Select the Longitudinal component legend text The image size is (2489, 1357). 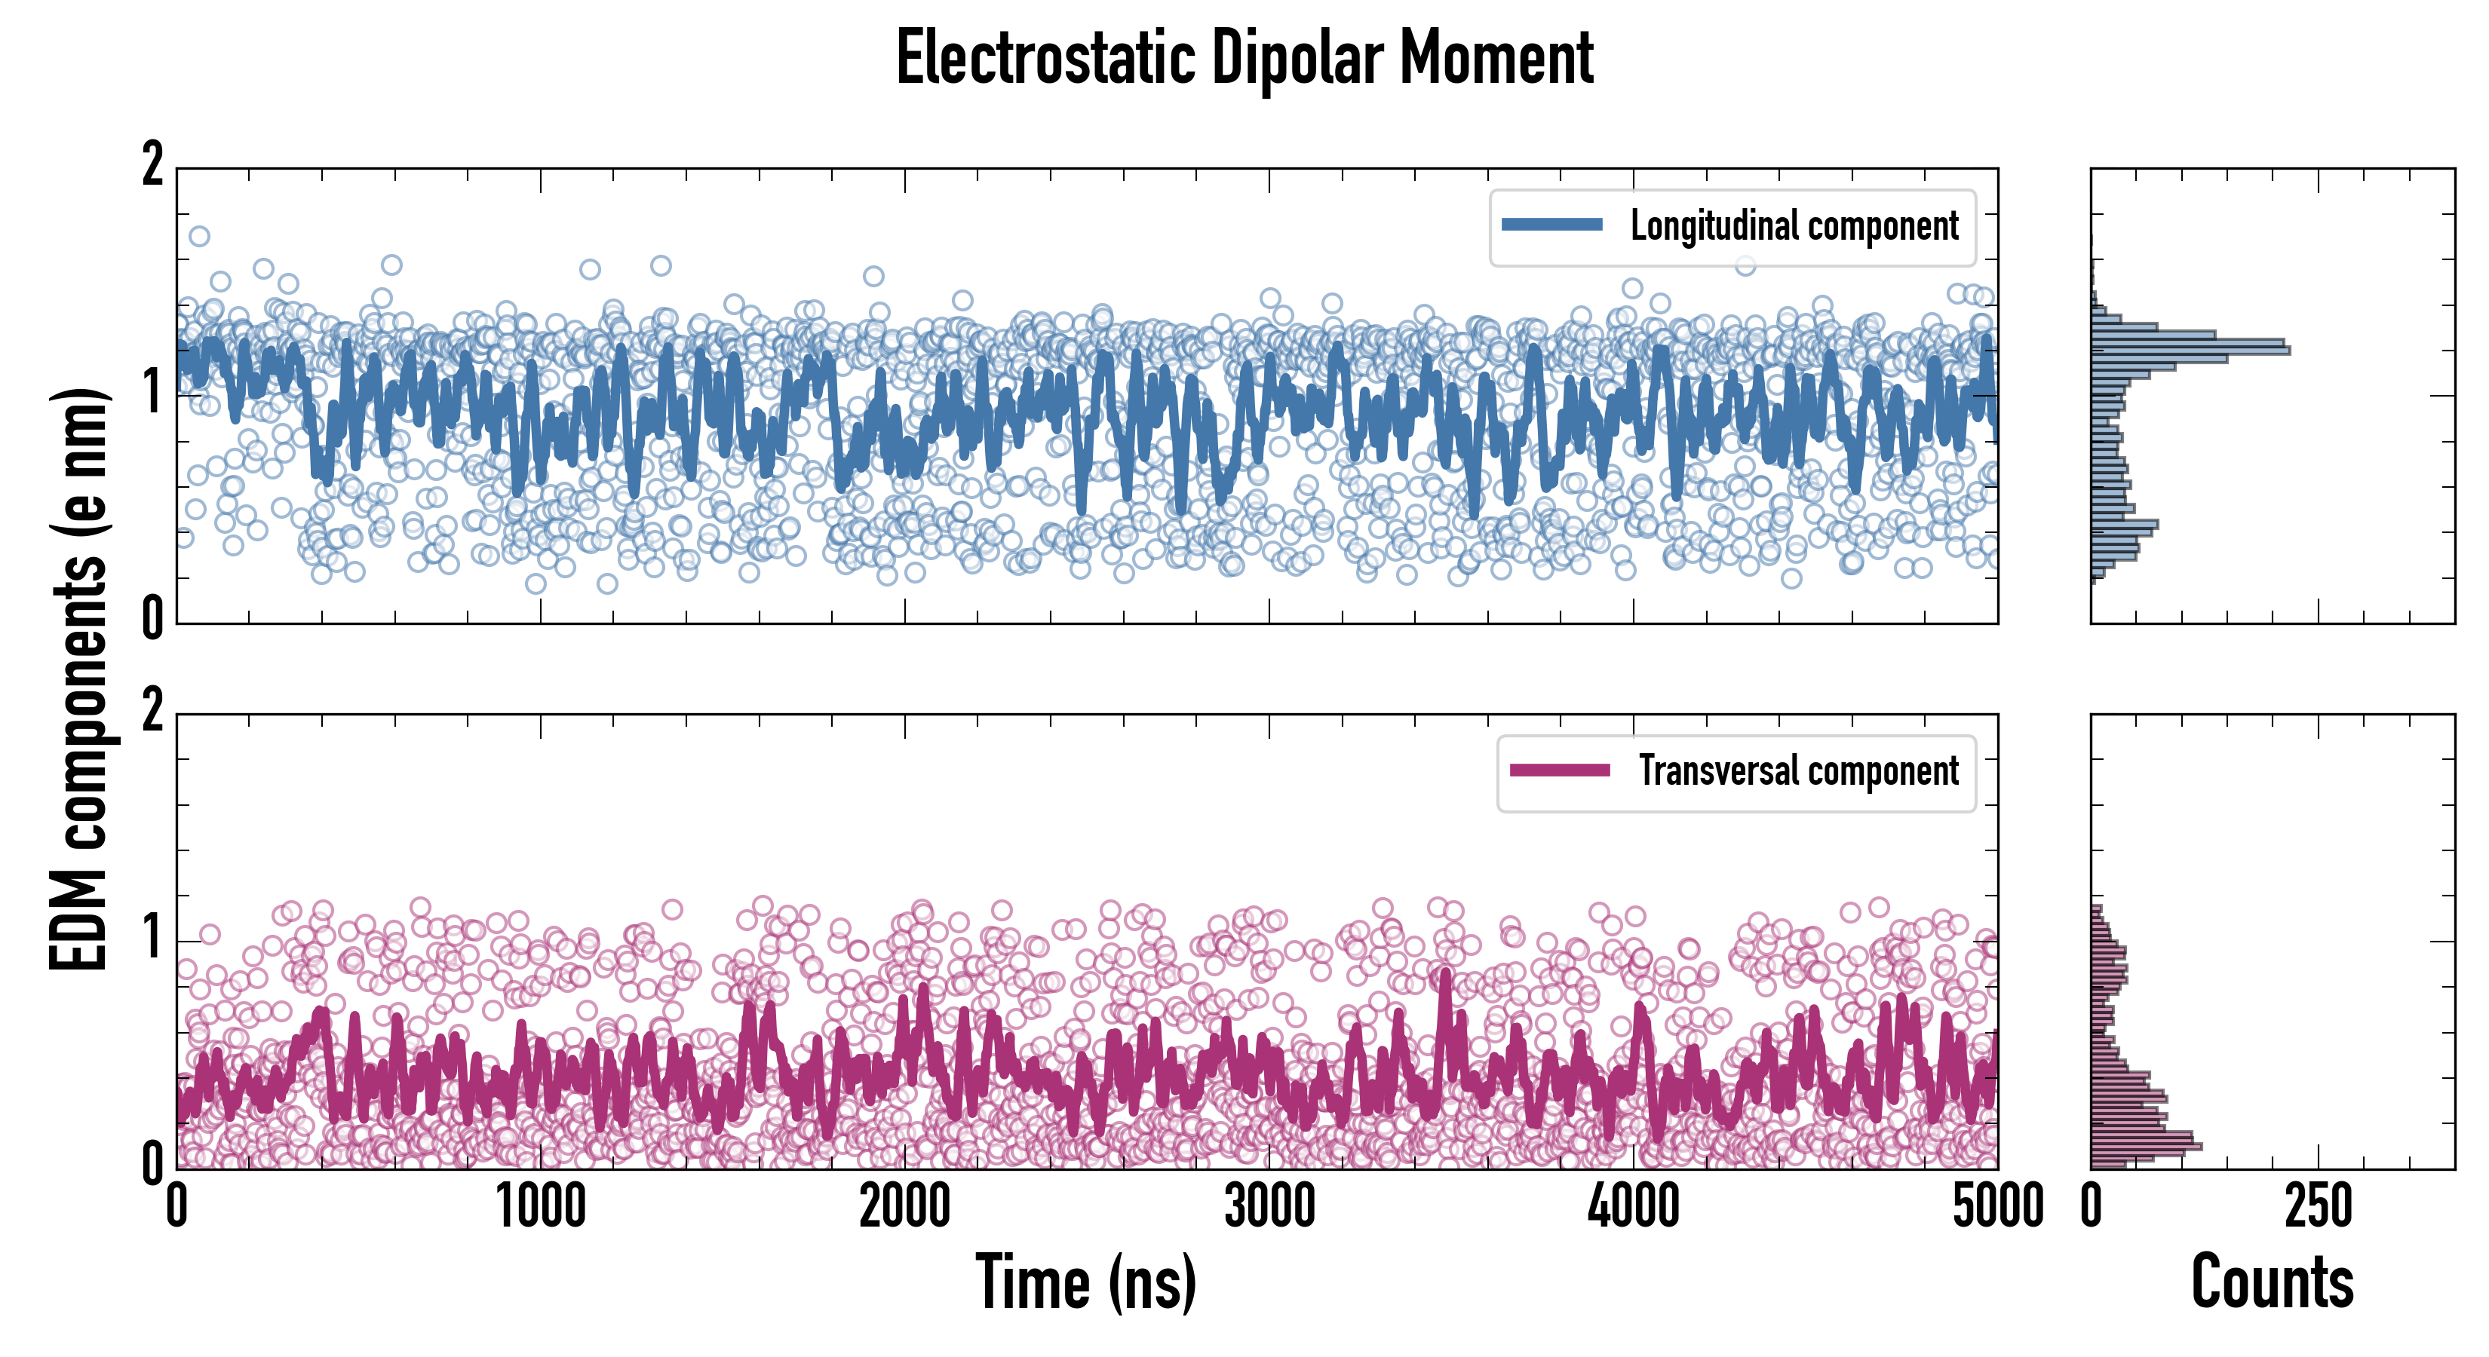click(1794, 226)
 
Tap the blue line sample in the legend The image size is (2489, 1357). click(1551, 225)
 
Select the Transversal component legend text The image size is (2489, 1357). click(1798, 770)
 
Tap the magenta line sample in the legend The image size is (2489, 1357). click(1560, 770)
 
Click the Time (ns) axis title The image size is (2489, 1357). click(1086, 1282)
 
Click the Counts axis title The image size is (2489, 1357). click(2272, 1282)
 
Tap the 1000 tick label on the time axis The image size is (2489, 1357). click(541, 1207)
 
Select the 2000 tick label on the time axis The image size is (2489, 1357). click(905, 1207)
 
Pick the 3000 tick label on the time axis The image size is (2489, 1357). click(1269, 1207)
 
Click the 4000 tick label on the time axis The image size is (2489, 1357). click(1634, 1207)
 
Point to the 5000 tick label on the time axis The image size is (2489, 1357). click(1997, 1207)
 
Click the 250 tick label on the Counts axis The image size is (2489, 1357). click(2318, 1207)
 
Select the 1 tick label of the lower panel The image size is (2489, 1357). click(152, 938)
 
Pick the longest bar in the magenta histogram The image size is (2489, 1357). click(2146, 1147)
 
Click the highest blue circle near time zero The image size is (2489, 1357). click(199, 237)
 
